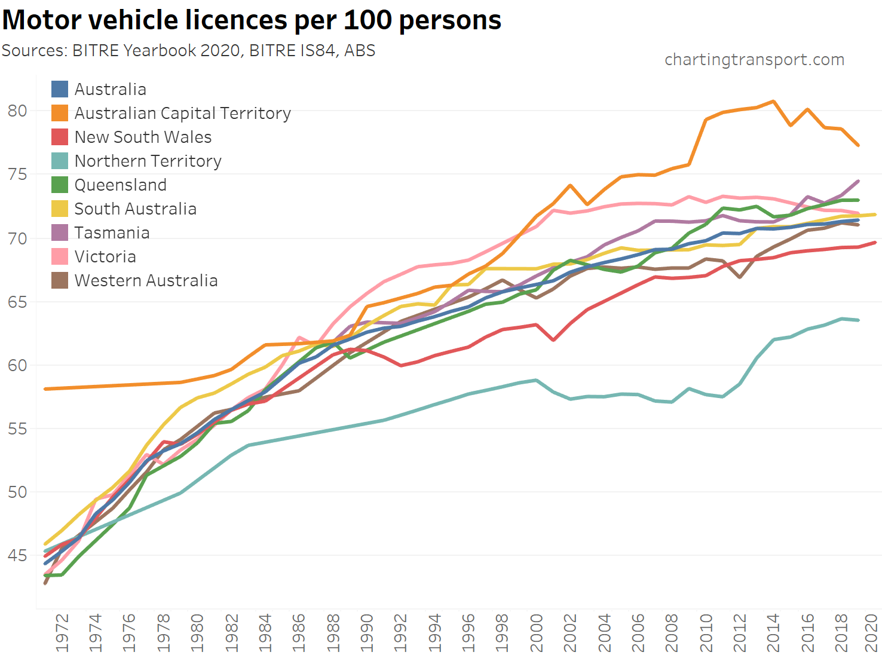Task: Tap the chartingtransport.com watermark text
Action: point(754,60)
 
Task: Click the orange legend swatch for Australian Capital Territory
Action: point(60,113)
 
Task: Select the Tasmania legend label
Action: point(112,232)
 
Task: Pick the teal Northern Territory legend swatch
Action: point(60,161)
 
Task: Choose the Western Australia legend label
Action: point(146,280)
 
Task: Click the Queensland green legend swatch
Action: point(60,185)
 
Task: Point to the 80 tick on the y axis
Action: point(17,111)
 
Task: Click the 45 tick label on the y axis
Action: point(17,555)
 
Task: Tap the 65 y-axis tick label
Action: point(17,302)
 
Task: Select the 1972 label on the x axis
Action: point(62,632)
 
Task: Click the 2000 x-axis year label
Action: point(536,632)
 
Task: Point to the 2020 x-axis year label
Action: point(872,632)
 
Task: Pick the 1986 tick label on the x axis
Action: point(299,632)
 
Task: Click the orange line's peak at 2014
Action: point(774,101)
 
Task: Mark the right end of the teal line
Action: point(859,320)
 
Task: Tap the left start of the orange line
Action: point(45,389)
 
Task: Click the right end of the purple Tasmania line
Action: point(859,180)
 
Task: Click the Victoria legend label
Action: point(105,256)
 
